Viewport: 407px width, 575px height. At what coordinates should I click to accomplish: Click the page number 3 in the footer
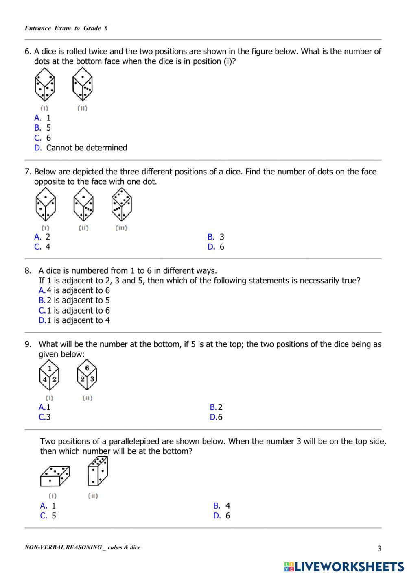tap(379, 549)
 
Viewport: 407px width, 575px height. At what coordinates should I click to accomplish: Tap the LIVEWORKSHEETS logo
tap(344, 566)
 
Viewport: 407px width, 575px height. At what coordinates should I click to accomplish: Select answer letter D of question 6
tap(38, 148)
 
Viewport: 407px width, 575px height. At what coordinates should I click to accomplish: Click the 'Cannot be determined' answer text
tap(87, 148)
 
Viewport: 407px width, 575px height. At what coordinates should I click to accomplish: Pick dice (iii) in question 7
tap(122, 206)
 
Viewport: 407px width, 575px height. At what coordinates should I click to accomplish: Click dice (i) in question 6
tap(44, 85)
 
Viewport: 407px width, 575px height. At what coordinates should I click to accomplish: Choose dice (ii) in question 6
tap(83, 85)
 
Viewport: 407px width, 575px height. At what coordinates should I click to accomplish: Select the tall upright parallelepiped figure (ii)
tap(98, 471)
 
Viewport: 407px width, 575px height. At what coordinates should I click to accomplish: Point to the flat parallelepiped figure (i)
tap(55, 476)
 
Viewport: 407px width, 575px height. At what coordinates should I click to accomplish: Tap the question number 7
tap(28, 172)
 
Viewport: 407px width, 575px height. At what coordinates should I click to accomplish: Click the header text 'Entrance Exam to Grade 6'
tap(66, 28)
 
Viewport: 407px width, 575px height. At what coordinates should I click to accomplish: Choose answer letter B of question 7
tap(211, 237)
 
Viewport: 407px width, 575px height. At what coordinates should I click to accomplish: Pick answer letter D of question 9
tap(213, 417)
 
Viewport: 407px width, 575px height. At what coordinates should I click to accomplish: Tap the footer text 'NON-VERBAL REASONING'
tap(63, 547)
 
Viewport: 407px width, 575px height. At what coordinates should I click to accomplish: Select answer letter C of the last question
tap(43, 516)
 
